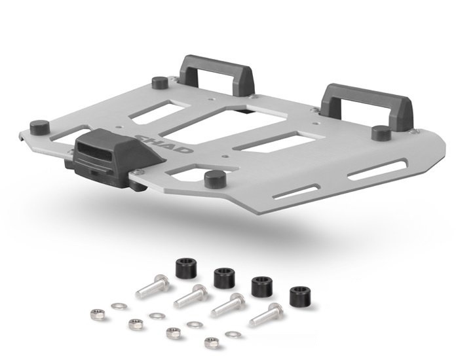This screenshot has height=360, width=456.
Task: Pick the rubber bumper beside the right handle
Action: pos(381,133)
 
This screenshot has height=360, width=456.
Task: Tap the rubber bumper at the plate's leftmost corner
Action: pos(39,127)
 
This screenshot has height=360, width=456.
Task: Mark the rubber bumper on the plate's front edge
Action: pos(215,179)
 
